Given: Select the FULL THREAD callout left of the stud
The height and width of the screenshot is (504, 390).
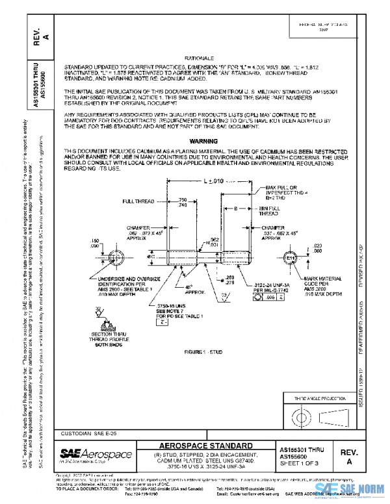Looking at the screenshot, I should pyautogui.click(x=138, y=202).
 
